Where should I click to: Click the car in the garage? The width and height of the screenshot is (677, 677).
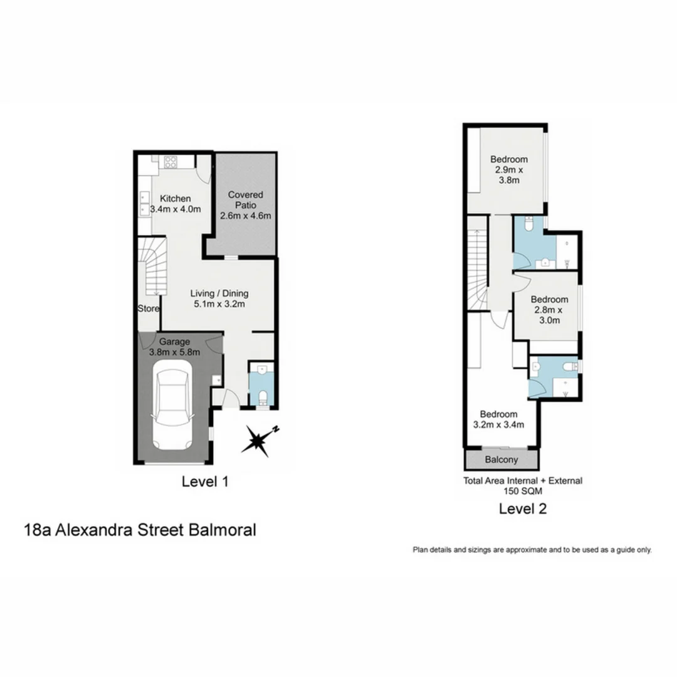point(172,411)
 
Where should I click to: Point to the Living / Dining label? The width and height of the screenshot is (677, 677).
point(219,293)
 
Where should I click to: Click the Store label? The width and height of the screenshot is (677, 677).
point(149,308)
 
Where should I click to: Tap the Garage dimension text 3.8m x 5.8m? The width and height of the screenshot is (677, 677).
point(174,352)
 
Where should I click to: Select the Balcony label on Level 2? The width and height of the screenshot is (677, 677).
point(502,460)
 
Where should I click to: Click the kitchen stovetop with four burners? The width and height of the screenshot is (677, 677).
point(170,162)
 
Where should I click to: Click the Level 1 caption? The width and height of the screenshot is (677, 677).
point(204,482)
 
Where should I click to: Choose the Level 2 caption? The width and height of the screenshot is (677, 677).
point(523,509)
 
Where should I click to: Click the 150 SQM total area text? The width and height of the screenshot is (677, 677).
point(522,492)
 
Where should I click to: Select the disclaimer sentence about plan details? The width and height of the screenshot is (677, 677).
point(532,550)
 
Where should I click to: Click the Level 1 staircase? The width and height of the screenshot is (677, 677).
point(152,266)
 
